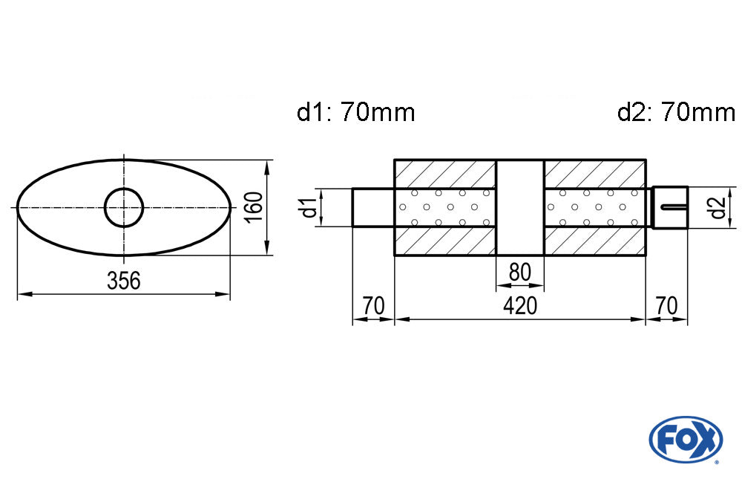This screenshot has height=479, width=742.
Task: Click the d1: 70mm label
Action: click(x=355, y=113)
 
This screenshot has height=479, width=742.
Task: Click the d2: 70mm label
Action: click(x=675, y=113)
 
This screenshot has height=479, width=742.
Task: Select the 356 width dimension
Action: click(x=123, y=281)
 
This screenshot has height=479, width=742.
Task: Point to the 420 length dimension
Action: click(x=519, y=305)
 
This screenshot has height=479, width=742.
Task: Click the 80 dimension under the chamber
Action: click(x=519, y=273)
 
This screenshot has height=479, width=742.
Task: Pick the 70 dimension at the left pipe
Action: click(x=372, y=305)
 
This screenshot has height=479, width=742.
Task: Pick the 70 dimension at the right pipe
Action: click(x=666, y=305)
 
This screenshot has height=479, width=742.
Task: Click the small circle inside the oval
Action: click(x=123, y=207)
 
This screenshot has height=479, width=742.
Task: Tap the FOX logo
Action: click(x=685, y=439)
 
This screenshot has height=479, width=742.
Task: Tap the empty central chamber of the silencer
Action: click(x=519, y=207)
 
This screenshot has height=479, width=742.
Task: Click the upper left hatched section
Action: click(x=444, y=172)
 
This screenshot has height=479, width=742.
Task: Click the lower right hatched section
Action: click(x=594, y=242)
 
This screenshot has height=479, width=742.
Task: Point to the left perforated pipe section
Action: click(x=444, y=207)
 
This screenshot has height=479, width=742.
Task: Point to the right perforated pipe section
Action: click(x=594, y=207)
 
